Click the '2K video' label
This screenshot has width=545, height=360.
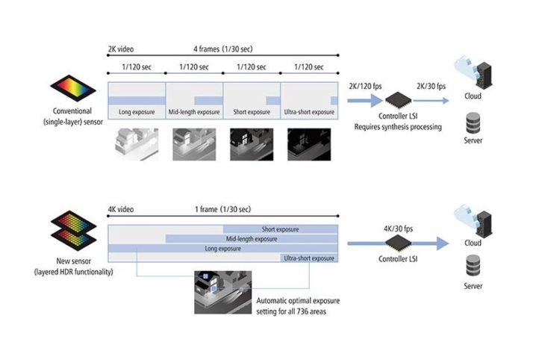tap(121, 49)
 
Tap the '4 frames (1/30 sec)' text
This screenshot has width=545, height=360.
tap(223, 49)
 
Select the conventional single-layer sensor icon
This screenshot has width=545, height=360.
tap(73, 88)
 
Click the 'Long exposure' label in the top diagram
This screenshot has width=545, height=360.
tap(137, 112)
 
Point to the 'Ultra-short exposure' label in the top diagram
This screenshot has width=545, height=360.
tap(309, 112)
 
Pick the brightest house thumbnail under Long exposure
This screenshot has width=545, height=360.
tap(137, 144)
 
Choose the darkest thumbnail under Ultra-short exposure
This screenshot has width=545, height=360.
tap(309, 144)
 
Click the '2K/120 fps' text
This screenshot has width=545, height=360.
tap(365, 86)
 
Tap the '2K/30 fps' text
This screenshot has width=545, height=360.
tap(431, 86)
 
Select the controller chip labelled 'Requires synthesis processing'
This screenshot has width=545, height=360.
tap(399, 101)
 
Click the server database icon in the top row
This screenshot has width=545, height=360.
tap(473, 123)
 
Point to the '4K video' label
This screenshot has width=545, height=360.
tap(121, 209)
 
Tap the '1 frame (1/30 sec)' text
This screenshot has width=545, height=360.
tap(222, 209)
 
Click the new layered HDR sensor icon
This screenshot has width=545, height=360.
tap(73, 231)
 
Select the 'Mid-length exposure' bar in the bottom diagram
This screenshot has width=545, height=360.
tap(252, 239)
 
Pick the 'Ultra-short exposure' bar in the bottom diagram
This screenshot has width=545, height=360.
tap(309, 258)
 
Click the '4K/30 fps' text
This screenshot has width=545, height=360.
tap(399, 229)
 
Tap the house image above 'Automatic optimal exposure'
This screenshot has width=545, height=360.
tap(222, 293)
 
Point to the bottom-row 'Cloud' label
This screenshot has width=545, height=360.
tap(473, 243)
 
